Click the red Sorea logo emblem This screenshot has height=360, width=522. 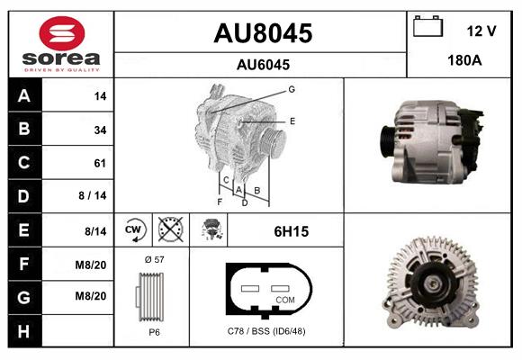pyautogui.click(x=62, y=33)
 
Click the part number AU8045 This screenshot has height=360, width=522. pyautogui.click(x=263, y=33)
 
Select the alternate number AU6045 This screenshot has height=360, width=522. pyautogui.click(x=263, y=65)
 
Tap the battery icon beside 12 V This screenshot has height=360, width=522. pyautogui.click(x=427, y=26)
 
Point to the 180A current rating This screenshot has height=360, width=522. pyautogui.click(x=464, y=60)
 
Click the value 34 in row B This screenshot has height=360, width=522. pyautogui.click(x=100, y=130)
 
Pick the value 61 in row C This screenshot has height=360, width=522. pyautogui.click(x=100, y=163)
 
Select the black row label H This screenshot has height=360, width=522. pyautogui.click(x=24, y=331)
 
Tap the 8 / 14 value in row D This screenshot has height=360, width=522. pyautogui.click(x=92, y=195)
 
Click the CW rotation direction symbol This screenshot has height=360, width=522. pyautogui.click(x=134, y=229)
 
